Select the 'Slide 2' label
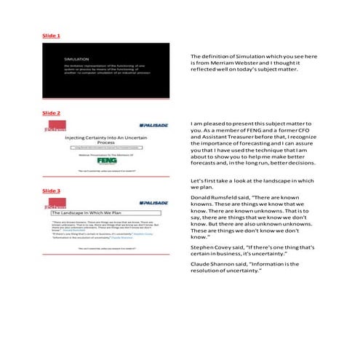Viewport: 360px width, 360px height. click(x=51, y=113)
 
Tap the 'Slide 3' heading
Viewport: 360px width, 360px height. click(x=51, y=191)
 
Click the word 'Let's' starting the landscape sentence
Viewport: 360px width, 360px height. click(x=196, y=180)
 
